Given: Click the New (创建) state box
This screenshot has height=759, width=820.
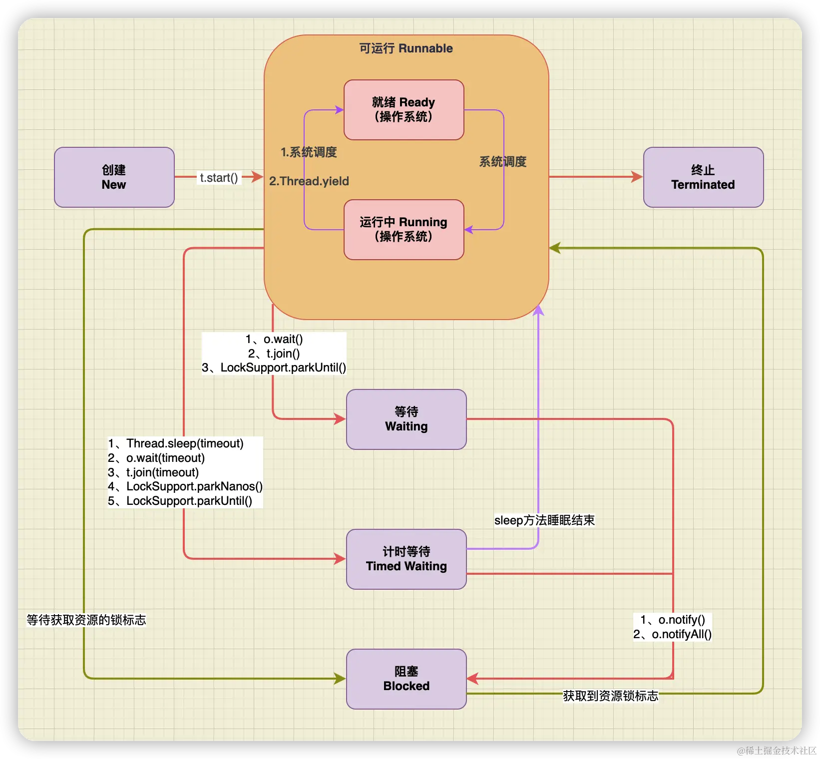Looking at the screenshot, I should coord(114,177).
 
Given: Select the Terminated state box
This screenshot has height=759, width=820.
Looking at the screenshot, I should coord(703,177).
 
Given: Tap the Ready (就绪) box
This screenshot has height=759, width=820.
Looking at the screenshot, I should coord(404,110).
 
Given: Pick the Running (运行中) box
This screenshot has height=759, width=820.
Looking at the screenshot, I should coord(404,230).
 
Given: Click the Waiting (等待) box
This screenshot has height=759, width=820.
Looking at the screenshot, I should coord(406,419).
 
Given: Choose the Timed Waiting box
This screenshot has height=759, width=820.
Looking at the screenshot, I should coord(406,559).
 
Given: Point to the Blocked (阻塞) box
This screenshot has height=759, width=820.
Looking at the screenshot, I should coord(406,679).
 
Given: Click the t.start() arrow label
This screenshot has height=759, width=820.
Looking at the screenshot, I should coord(219,178).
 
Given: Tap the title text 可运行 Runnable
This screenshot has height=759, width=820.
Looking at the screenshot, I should coord(406,48).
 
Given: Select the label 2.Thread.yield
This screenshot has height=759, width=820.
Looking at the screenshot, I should coord(309,181).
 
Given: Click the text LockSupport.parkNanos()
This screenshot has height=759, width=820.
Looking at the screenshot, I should coord(194,486).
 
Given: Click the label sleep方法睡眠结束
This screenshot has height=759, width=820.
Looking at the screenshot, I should coord(544,520).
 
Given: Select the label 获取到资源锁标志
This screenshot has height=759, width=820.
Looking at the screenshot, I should coord(610,696).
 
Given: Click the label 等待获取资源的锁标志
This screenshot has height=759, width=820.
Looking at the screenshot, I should coord(86,620).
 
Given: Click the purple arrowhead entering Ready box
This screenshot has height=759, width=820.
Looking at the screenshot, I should coord(339,110).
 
